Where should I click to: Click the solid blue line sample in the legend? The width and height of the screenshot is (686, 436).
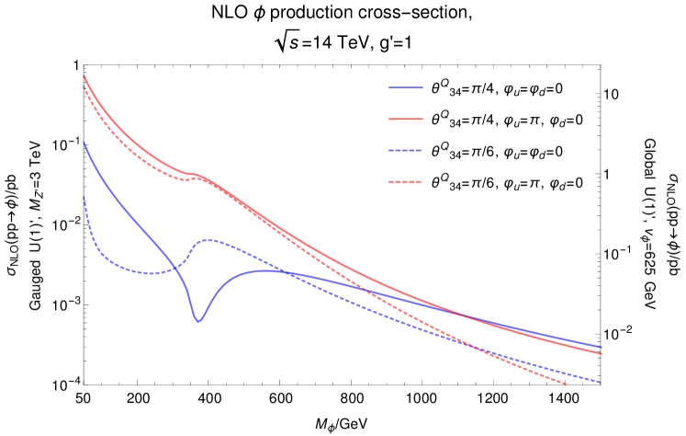[x=406, y=87]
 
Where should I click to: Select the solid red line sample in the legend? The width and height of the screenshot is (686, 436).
[x=406, y=119]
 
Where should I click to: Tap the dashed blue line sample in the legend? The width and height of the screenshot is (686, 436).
[x=406, y=150]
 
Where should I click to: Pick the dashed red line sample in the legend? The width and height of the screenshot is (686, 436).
[x=406, y=181]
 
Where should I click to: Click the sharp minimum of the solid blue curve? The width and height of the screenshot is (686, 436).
[x=197, y=321]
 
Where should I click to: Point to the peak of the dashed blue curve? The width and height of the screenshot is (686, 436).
[x=208, y=240]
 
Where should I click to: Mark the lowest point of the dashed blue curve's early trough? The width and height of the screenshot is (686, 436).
[x=147, y=272]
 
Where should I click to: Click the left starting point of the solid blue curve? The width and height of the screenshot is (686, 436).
[x=84, y=143]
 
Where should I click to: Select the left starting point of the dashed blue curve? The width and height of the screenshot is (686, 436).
[x=84, y=197]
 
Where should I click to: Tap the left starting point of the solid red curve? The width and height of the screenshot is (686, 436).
[x=84, y=76]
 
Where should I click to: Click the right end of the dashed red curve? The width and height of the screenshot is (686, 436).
[x=567, y=384]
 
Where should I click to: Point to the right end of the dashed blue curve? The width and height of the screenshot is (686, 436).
[x=601, y=382]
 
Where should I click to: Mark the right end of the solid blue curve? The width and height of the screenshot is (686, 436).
[x=601, y=346]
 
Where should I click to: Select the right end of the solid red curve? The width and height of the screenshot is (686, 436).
[x=601, y=352]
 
